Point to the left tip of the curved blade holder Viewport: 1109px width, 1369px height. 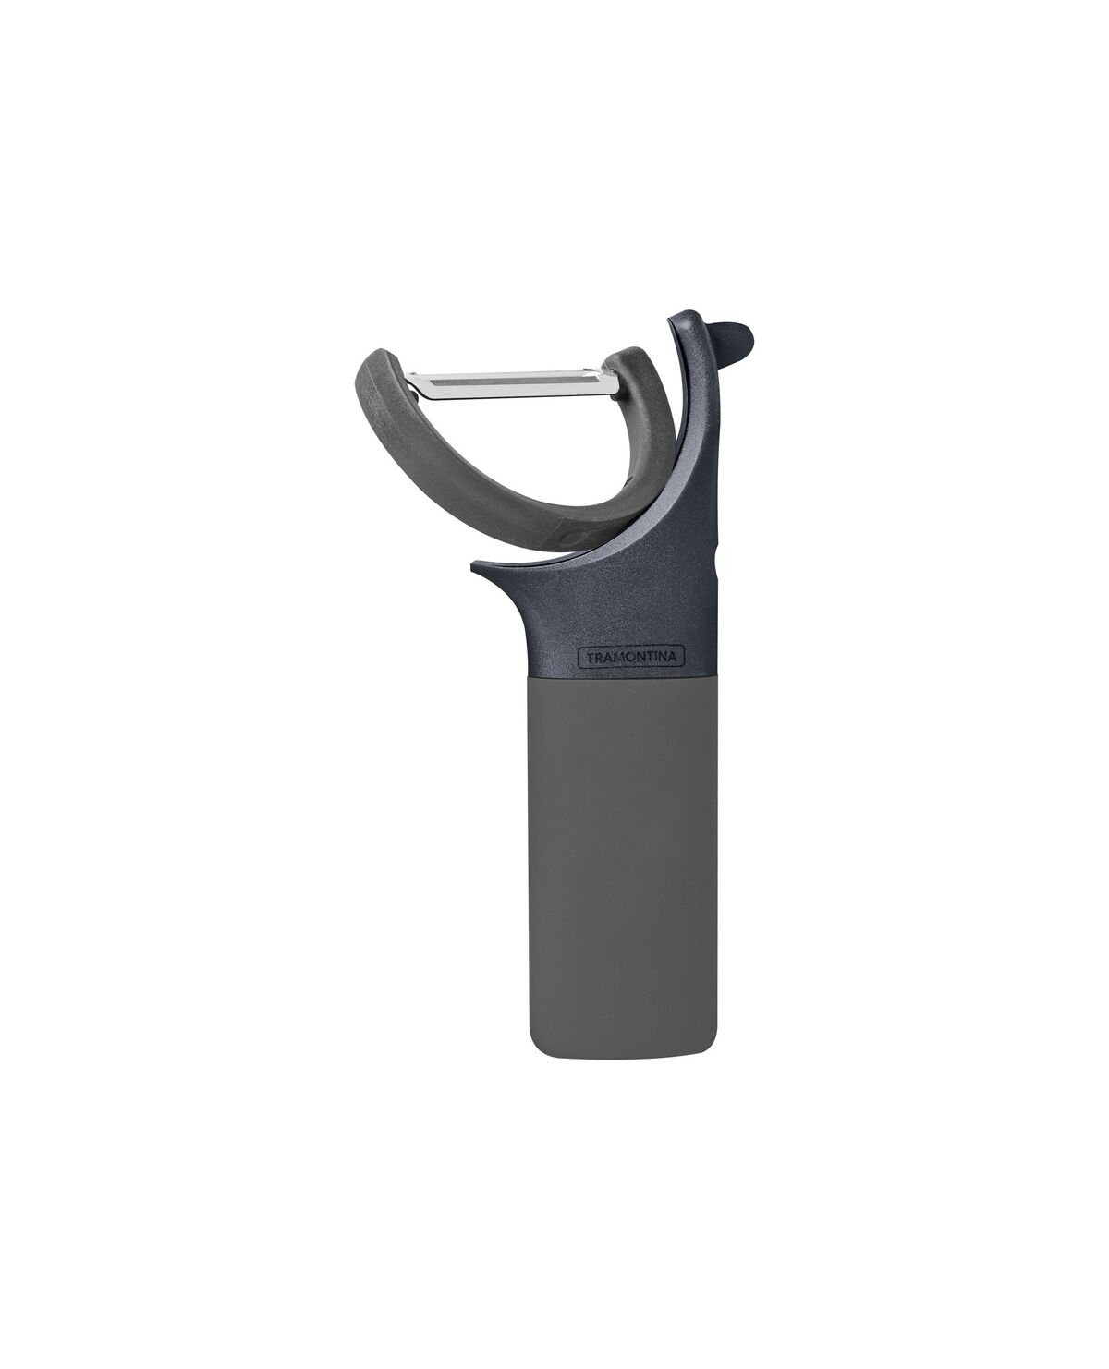pyautogui.click(x=372, y=360)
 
